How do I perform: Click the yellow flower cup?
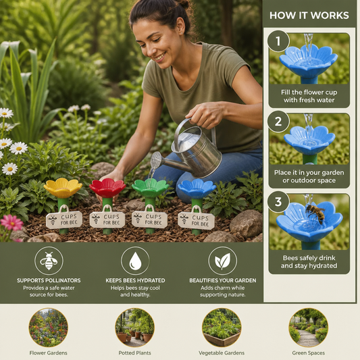pyautogui.click(x=63, y=188)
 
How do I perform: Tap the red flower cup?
pyautogui.click(x=107, y=188)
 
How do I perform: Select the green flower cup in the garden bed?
pyautogui.click(x=151, y=188)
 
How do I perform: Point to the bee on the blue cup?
pyautogui.click(x=316, y=213)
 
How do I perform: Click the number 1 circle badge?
pyautogui.click(x=278, y=41)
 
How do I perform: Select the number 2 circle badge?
pyautogui.click(x=278, y=122)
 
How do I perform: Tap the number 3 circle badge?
pyautogui.click(x=278, y=202)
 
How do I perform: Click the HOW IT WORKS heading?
pyautogui.click(x=309, y=16)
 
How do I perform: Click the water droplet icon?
pyautogui.click(x=135, y=261)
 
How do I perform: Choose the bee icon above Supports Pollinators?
pyautogui.click(x=49, y=261)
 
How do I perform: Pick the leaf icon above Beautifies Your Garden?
pyautogui.click(x=222, y=261)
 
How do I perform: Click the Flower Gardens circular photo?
pyautogui.click(x=48, y=328)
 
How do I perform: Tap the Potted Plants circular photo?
pyautogui.click(x=135, y=328)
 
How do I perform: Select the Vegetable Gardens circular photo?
pyautogui.click(x=222, y=328)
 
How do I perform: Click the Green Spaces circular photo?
pyautogui.click(x=309, y=328)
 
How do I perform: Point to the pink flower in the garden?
pyautogui.click(x=11, y=222)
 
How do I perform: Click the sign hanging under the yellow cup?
pyautogui.click(x=64, y=220)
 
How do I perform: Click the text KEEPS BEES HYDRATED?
pyautogui.click(x=135, y=280)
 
